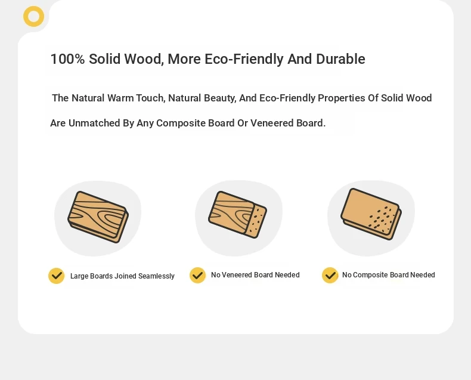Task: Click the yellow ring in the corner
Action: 33,10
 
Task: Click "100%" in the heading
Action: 67,59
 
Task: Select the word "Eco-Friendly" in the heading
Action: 244,59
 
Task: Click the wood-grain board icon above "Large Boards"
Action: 98,217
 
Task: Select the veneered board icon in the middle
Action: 238,214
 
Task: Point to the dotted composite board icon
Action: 371,214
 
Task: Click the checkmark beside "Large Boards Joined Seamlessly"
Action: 57,276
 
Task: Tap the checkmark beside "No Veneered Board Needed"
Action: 198,275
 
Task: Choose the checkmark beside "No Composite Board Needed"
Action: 330,275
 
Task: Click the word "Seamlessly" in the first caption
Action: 156,276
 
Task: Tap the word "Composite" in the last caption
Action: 370,275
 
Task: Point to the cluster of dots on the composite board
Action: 382,217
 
